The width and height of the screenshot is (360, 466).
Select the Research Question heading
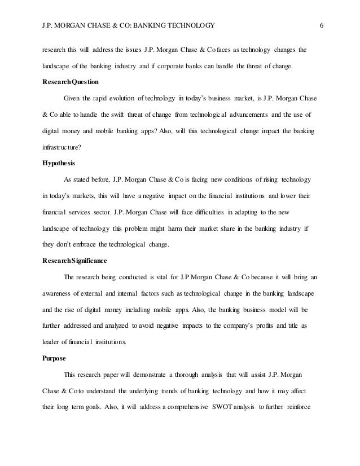point(62,82)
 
